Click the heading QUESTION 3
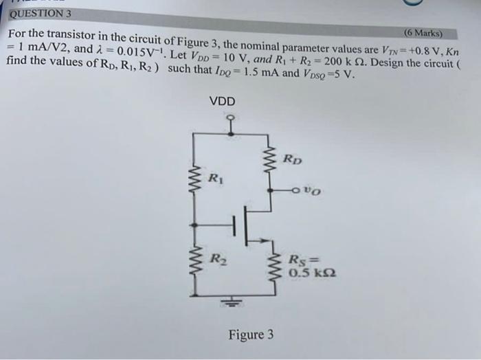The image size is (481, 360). [x=41, y=12]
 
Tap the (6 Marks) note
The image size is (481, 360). [x=424, y=32]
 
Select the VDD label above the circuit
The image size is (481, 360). [x=222, y=102]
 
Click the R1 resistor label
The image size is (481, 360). [x=215, y=180]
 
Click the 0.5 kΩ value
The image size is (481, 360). [x=313, y=273]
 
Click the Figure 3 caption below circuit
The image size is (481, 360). [x=251, y=335]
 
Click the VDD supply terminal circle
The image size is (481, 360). [x=232, y=117]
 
